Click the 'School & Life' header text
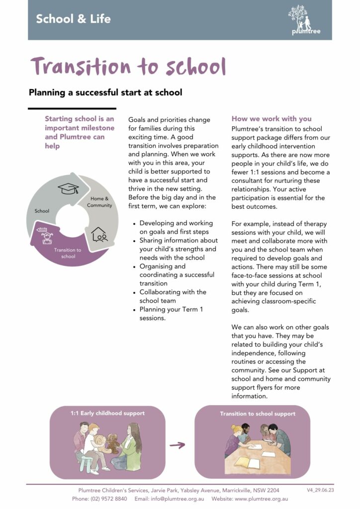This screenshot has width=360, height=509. coord(73,19)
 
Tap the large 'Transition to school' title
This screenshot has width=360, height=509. coord(128,67)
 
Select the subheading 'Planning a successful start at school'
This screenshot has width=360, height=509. coord(105,92)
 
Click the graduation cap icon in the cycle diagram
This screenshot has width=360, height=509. coord(68,189)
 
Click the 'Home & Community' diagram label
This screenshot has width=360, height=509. coord(101,202)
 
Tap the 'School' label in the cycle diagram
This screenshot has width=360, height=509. coord(42,211)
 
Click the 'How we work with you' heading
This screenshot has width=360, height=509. coord(271,119)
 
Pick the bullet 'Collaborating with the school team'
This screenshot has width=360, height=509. coord(173,296)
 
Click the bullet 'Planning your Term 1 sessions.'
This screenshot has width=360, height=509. coord(171,314)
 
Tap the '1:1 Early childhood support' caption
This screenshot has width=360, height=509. coord(107,413)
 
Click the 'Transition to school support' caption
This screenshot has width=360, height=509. coord(258,414)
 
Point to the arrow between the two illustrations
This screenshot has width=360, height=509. coord(177,445)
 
